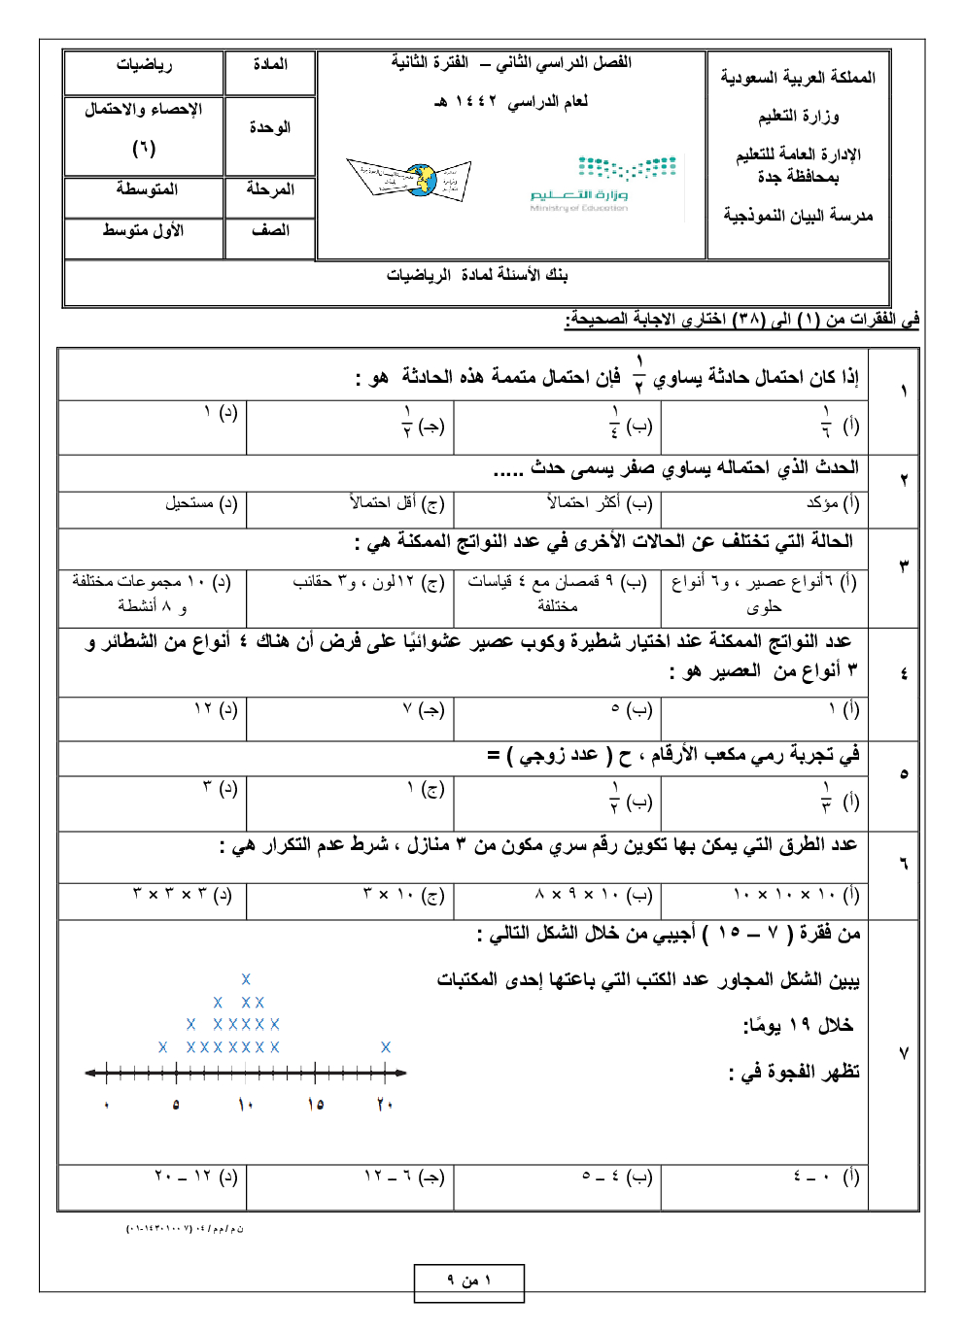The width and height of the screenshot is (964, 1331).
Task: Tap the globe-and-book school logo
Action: click(410, 179)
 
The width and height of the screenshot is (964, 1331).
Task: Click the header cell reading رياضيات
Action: click(144, 64)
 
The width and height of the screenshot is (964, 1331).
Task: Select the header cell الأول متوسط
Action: click(143, 230)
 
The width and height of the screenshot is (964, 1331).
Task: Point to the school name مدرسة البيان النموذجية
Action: click(798, 216)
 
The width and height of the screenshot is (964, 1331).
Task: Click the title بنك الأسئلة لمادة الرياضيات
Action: click(476, 275)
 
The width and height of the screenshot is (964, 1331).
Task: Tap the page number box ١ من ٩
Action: click(469, 1281)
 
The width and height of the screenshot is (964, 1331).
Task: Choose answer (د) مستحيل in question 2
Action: click(200, 503)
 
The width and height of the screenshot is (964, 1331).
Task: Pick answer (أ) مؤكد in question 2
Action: click(833, 503)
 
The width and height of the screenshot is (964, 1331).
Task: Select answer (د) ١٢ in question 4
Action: click(215, 709)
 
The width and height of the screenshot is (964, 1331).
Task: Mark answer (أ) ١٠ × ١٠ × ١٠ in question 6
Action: click(796, 895)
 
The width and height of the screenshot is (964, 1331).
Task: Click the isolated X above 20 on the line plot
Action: click(386, 1047)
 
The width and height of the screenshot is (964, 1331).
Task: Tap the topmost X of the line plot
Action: click(246, 979)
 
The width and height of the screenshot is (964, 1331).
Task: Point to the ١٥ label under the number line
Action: click(315, 1105)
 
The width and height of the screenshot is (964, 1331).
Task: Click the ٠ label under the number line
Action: click(107, 1106)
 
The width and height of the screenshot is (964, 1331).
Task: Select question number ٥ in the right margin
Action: click(903, 774)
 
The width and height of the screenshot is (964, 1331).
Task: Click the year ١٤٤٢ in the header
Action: click(476, 101)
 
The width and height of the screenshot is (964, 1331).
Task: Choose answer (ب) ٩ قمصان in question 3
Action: click(558, 592)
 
